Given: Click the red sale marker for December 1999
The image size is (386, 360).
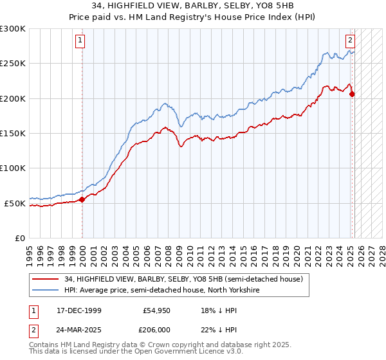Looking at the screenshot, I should pyautogui.click(x=82, y=199).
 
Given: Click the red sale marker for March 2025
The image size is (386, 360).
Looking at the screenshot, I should pyautogui.click(x=352, y=94).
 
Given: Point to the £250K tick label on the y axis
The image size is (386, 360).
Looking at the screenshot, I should pyautogui.click(x=13, y=64).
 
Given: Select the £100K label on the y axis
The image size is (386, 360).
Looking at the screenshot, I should pyautogui.click(x=13, y=168).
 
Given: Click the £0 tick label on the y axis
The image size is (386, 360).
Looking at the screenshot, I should pyautogui.click(x=19, y=238).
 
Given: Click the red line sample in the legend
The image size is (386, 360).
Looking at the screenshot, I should pyautogui.click(x=46, y=279).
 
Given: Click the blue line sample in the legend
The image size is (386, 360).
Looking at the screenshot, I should pyautogui.click(x=46, y=290).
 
